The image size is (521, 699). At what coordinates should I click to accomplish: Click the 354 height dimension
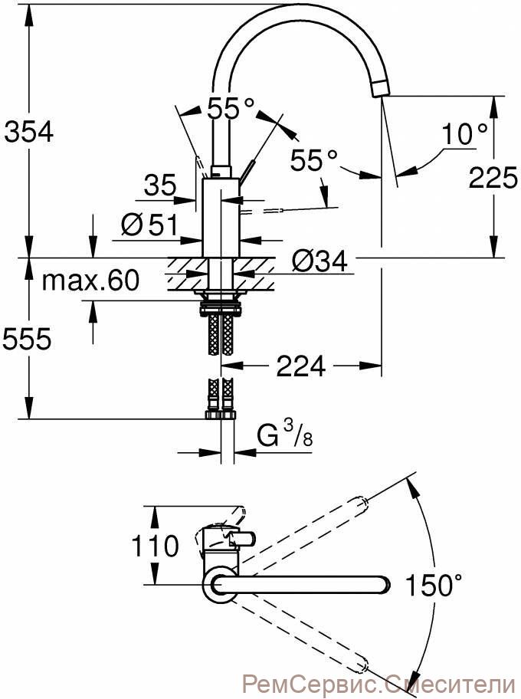point(29,132)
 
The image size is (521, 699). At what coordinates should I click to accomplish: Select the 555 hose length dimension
point(28,340)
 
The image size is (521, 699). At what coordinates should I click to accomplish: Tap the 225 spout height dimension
point(493,177)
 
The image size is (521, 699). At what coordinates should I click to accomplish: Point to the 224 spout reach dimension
point(301,366)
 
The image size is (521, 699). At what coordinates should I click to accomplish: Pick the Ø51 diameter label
point(149,225)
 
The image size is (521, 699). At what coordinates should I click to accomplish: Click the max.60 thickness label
point(90,281)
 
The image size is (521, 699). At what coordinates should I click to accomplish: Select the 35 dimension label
point(160,184)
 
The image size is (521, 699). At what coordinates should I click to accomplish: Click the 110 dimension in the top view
point(155,546)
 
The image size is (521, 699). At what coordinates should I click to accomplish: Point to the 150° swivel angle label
point(433,585)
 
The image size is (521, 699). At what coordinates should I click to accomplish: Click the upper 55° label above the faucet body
point(231,107)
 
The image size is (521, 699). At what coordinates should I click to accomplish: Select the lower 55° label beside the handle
point(313,159)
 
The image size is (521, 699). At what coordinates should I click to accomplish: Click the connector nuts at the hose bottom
point(221,415)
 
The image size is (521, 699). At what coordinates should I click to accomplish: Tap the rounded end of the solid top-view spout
point(384,584)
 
